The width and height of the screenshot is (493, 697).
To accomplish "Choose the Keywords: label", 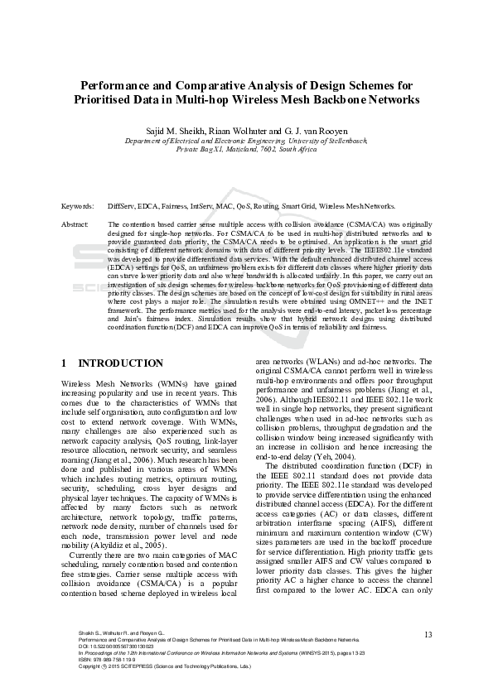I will pyautogui.click(x=77, y=206).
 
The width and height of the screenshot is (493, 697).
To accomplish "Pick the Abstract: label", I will pyautogui.click(x=75, y=224).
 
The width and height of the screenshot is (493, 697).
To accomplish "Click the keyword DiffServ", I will pyautogui.click(x=122, y=206).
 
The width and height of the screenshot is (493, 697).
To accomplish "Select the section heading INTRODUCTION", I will pyautogui.click(x=120, y=363).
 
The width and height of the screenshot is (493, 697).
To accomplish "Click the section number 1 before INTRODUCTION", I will pyautogui.click(x=65, y=363).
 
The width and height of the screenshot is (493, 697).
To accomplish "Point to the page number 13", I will pyautogui.click(x=428, y=634).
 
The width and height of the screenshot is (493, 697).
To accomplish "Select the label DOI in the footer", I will pyautogui.click(x=83, y=647).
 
